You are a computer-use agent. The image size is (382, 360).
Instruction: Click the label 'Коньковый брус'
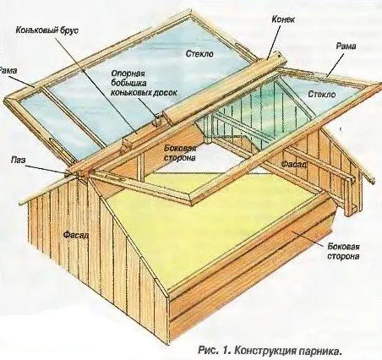tap(46, 30)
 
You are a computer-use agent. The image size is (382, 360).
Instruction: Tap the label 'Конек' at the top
tap(283, 19)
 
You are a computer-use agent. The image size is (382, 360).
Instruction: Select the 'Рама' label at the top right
tap(346, 46)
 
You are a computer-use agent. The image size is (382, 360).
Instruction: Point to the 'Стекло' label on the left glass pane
tap(199, 53)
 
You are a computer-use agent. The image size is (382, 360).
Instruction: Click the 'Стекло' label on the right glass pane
tap(322, 94)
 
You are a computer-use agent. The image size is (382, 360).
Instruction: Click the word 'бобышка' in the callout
tap(128, 83)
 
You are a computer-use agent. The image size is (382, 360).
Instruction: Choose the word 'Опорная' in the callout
tap(128, 74)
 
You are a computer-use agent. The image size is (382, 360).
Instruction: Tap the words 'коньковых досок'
tap(144, 93)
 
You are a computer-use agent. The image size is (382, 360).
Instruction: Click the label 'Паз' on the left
tap(19, 161)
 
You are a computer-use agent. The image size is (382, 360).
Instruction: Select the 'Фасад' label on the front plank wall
tap(76, 235)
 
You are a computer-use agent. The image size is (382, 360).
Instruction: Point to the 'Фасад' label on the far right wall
tap(294, 164)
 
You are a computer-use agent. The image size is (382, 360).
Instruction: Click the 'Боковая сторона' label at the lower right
tap(343, 251)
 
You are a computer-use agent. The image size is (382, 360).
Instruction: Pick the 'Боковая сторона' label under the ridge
tap(180, 153)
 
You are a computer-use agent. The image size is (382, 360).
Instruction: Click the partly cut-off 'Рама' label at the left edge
tap(8, 71)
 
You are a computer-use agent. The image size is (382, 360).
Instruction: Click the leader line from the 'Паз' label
tap(46, 169)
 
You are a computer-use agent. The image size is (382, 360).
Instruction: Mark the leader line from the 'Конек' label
tap(274, 41)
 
